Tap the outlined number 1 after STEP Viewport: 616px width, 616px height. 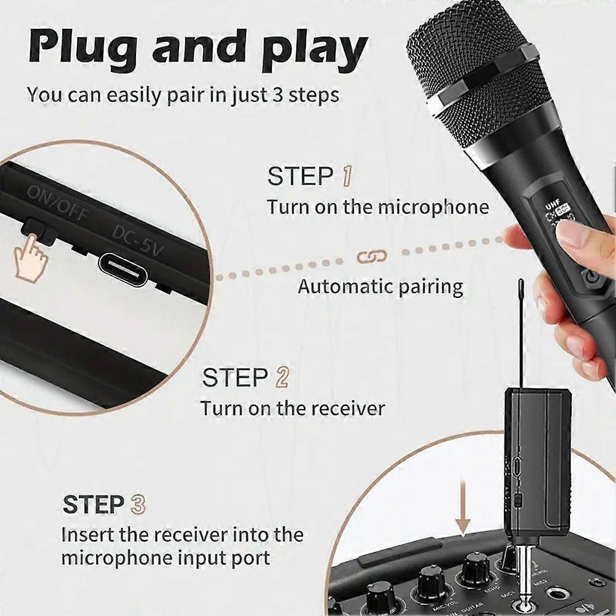pos(347,177)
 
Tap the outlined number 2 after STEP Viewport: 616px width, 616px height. pos(282,377)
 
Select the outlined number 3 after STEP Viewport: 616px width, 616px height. pos(138,505)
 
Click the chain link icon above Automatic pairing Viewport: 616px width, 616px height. pos(372,256)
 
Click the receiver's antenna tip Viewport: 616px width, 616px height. pos(521,284)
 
